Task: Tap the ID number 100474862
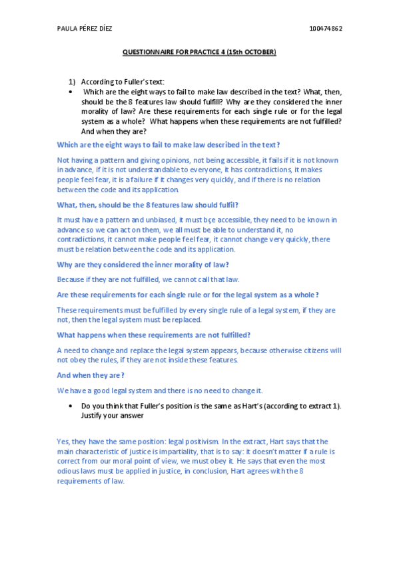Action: [x=326, y=29]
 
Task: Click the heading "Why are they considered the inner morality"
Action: [x=143, y=265]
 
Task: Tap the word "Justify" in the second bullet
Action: [x=93, y=415]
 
